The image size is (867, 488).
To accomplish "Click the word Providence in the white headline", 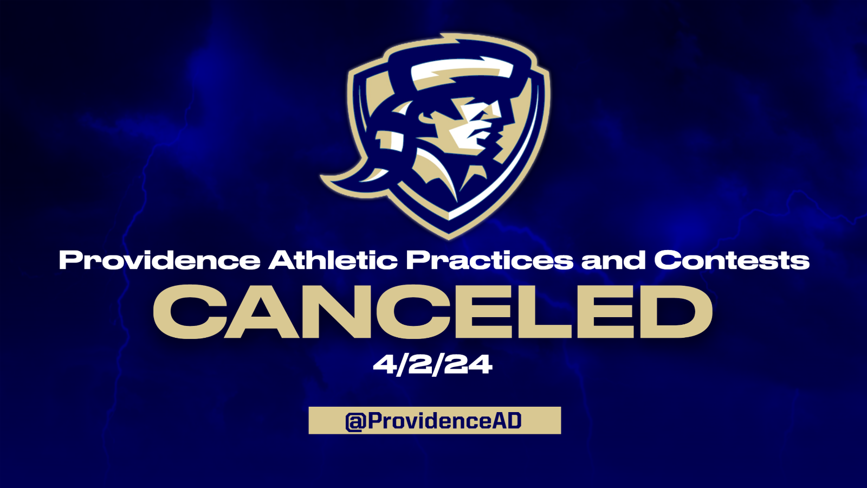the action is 159,260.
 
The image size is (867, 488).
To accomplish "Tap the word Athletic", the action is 333,260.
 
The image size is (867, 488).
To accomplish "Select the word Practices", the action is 489,260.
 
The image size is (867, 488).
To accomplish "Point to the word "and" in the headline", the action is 613,260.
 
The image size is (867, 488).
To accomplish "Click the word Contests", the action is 732,260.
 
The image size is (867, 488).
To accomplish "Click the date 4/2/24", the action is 433,364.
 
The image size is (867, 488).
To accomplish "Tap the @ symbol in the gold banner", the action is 355,421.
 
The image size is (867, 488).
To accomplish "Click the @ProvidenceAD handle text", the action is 433,421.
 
